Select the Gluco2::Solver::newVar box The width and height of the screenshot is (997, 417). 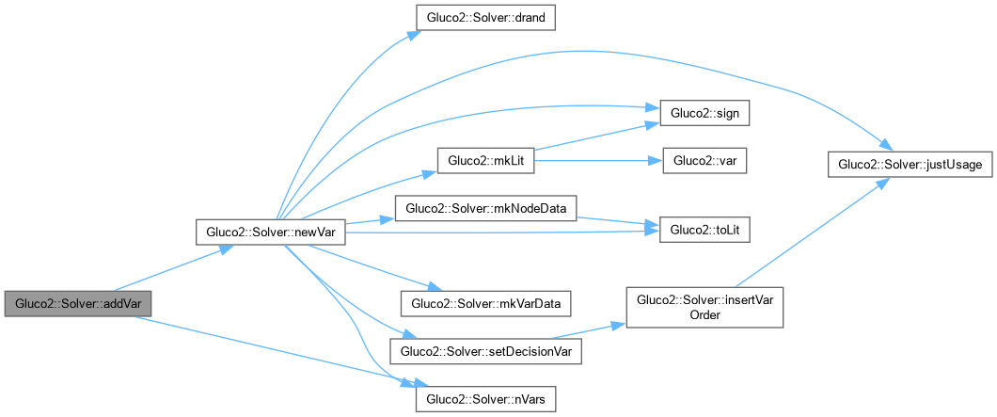click(271, 232)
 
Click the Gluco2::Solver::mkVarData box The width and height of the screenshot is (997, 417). click(485, 304)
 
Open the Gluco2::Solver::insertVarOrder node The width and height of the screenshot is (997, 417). click(705, 307)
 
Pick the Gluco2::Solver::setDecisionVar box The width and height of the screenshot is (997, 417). click(485, 351)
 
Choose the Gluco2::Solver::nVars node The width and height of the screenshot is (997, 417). click(485, 399)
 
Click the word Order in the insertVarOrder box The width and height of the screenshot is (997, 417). click(705, 315)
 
